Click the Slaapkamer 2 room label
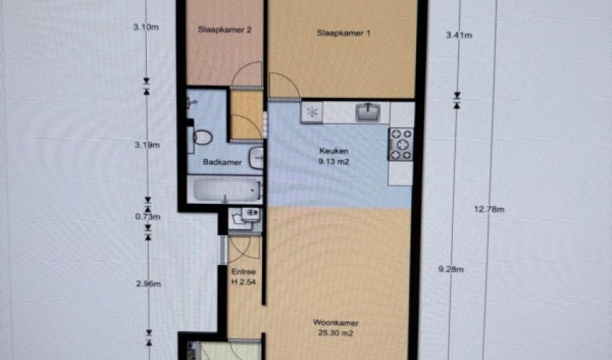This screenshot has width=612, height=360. pyautogui.click(x=225, y=30)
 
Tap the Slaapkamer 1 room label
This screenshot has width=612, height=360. pyautogui.click(x=343, y=33)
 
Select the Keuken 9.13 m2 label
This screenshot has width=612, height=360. pyautogui.click(x=333, y=156)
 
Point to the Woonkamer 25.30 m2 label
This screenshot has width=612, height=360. pyautogui.click(x=336, y=328)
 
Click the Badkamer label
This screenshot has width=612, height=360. pyautogui.click(x=222, y=162)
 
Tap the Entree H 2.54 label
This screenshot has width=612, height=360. pyautogui.click(x=243, y=276)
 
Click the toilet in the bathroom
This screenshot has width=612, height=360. pyautogui.click(x=201, y=138)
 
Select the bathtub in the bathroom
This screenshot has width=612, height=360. pyautogui.click(x=225, y=191)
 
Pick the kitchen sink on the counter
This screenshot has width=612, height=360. pyautogui.click(x=367, y=112)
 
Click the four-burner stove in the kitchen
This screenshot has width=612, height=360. pyautogui.click(x=400, y=145)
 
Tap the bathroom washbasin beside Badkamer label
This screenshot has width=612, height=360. pyautogui.click(x=256, y=158)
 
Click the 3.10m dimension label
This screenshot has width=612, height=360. pyautogui.click(x=146, y=27)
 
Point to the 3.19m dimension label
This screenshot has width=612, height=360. pyautogui.click(x=147, y=145)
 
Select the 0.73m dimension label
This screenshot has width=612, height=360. pyautogui.click(x=148, y=217)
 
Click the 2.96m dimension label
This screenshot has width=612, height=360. pyautogui.click(x=148, y=284)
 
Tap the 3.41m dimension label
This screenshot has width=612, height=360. pyautogui.click(x=459, y=35)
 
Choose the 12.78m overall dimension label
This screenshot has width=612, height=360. pyautogui.click(x=490, y=210)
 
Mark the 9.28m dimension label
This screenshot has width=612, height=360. pyautogui.click(x=451, y=269)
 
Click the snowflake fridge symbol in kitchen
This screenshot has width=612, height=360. pyautogui.click(x=312, y=112)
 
